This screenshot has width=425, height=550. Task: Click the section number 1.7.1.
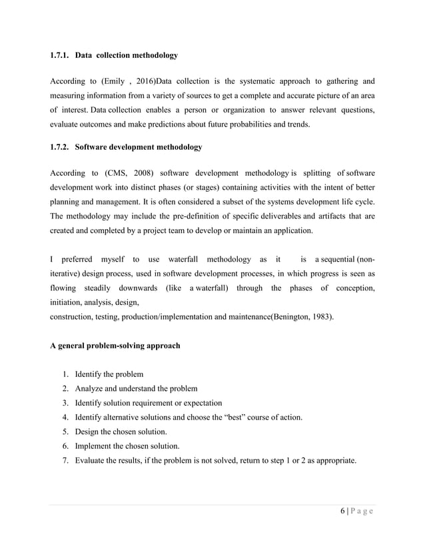[x=61, y=54]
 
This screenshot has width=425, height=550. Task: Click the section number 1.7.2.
[x=61, y=146]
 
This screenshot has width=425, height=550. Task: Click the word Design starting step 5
[x=88, y=431]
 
